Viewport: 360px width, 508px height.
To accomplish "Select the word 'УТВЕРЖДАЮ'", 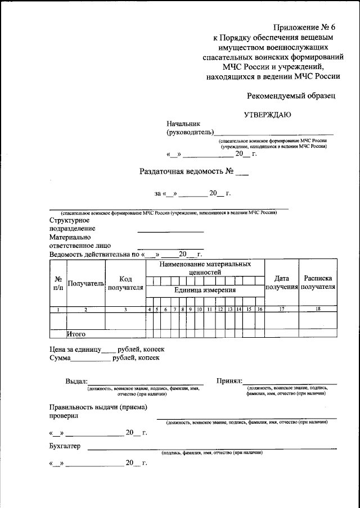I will coord(267,115).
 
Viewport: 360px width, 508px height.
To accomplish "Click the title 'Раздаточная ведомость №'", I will coord(186,172).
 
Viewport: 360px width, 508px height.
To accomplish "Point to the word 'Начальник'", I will coord(183,124).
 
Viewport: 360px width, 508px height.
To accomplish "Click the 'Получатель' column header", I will coord(85,283).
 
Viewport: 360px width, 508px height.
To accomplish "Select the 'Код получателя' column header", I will coord(125,283).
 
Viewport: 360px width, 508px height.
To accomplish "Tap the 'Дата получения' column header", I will coord(281,283).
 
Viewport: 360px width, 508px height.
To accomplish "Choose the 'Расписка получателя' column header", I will coord(318,282).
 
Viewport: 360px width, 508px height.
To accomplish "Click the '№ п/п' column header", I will coord(58,283).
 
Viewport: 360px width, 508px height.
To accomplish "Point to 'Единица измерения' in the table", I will coord(205,290).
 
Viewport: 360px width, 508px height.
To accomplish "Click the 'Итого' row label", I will coord(76,334).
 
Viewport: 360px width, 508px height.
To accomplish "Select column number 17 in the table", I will coord(281,309).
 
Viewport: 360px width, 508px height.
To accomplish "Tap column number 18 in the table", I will coord(318,309).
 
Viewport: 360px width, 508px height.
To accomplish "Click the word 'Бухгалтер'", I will coord(65,446).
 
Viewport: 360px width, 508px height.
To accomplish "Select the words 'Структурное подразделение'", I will coord(73,224).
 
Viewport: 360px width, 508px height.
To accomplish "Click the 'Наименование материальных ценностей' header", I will coord(205,267).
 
